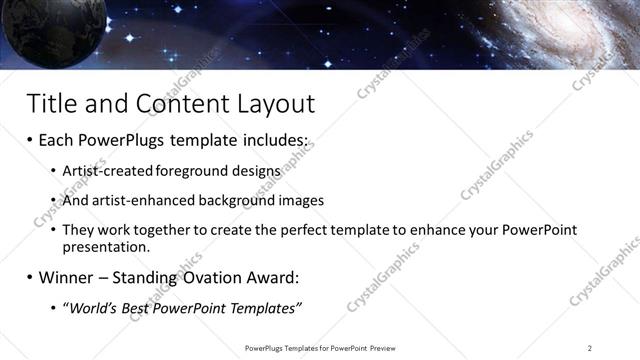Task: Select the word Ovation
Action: coord(208,276)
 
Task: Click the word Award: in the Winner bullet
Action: coord(271,276)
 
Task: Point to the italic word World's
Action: coord(93,307)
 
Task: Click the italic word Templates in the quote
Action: coord(265,307)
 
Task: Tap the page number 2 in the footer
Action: coord(590,348)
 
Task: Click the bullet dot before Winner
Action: coord(30,277)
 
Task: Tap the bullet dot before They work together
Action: coord(53,230)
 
